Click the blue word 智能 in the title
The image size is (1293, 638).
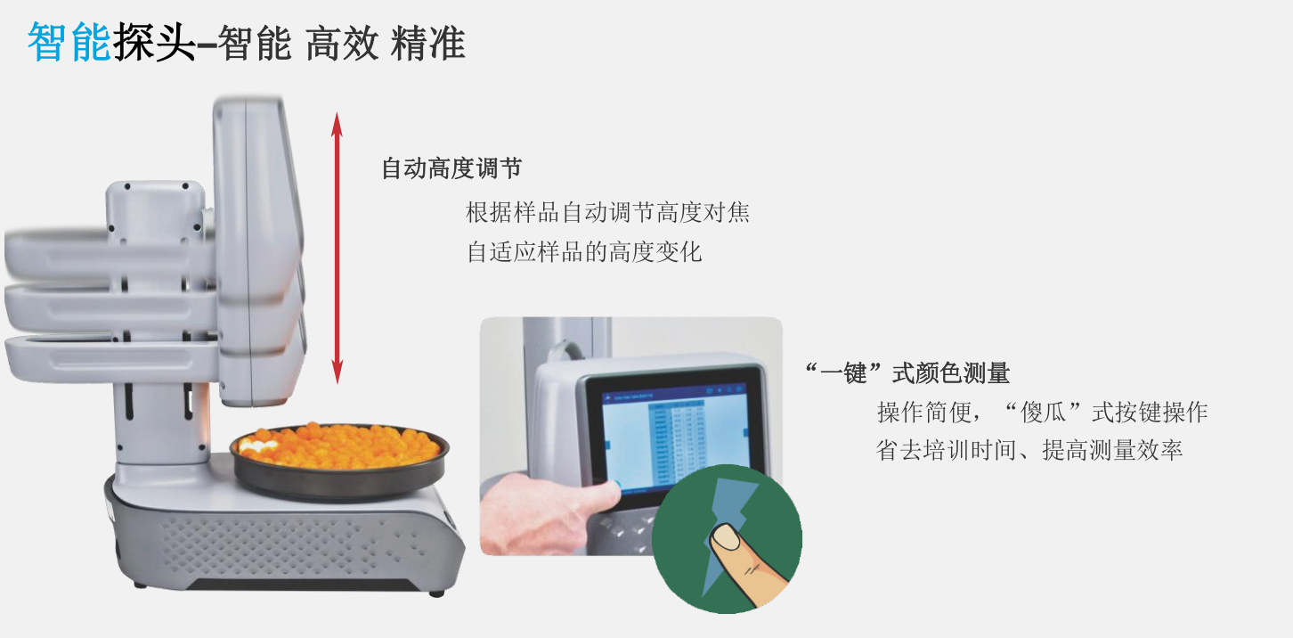pyautogui.click(x=69, y=42)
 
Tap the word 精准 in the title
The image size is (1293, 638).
pyautogui.click(x=427, y=43)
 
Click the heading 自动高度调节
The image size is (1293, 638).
pyautogui.click(x=451, y=168)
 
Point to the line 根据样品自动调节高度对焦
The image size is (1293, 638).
pyautogui.click(x=608, y=212)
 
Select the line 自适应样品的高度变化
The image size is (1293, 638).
pyautogui.click(x=584, y=252)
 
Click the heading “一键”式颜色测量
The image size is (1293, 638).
pyautogui.click(x=907, y=373)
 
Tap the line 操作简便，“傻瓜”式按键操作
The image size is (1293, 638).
pyautogui.click(x=1043, y=413)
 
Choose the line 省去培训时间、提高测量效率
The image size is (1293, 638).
pyautogui.click(x=1029, y=450)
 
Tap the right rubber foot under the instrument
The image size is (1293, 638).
pyautogui.click(x=435, y=593)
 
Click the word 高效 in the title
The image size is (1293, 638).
pyautogui.click(x=343, y=43)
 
